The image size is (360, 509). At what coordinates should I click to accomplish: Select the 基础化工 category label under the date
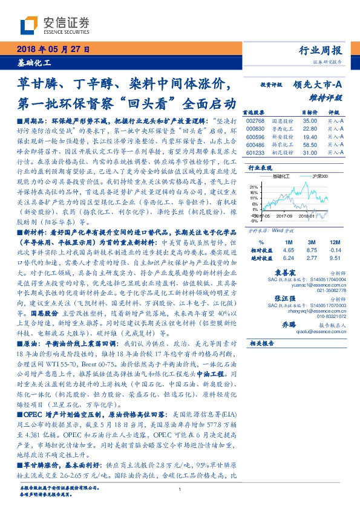34,62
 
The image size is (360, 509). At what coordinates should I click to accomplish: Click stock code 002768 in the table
257,121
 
